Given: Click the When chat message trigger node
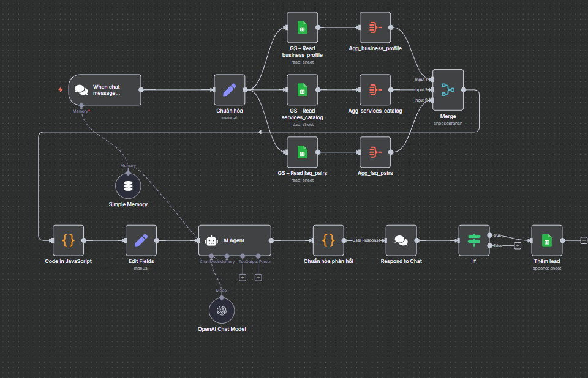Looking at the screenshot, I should pyautogui.click(x=104, y=90).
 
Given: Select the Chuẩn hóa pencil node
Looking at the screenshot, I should pyautogui.click(x=230, y=90).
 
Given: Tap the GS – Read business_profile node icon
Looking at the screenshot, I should pyautogui.click(x=302, y=28).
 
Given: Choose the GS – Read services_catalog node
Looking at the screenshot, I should pyautogui.click(x=302, y=90).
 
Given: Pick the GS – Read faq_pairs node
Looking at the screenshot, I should pyautogui.click(x=302, y=152).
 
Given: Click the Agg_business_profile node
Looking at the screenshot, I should pyautogui.click(x=375, y=28).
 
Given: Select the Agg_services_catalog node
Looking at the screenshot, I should pyautogui.click(x=375, y=90).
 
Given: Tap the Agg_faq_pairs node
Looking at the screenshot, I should pyautogui.click(x=375, y=152).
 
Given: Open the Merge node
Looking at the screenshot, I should pyautogui.click(x=448, y=90).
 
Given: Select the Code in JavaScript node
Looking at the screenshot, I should pyautogui.click(x=68, y=240).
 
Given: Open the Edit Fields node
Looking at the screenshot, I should pyautogui.click(x=141, y=240).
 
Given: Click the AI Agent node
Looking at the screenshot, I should pyautogui.click(x=235, y=240).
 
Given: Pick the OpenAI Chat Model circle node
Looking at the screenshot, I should pyautogui.click(x=221, y=311).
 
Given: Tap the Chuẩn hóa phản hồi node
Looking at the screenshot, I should pyautogui.click(x=328, y=240).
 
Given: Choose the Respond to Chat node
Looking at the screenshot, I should pyautogui.click(x=401, y=240).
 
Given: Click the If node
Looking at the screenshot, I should pyautogui.click(x=474, y=240).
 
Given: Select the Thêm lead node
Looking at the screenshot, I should pyautogui.click(x=547, y=240).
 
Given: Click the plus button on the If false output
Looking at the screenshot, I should pyautogui.click(x=518, y=246).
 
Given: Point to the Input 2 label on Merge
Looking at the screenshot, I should pyautogui.click(x=421, y=90).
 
